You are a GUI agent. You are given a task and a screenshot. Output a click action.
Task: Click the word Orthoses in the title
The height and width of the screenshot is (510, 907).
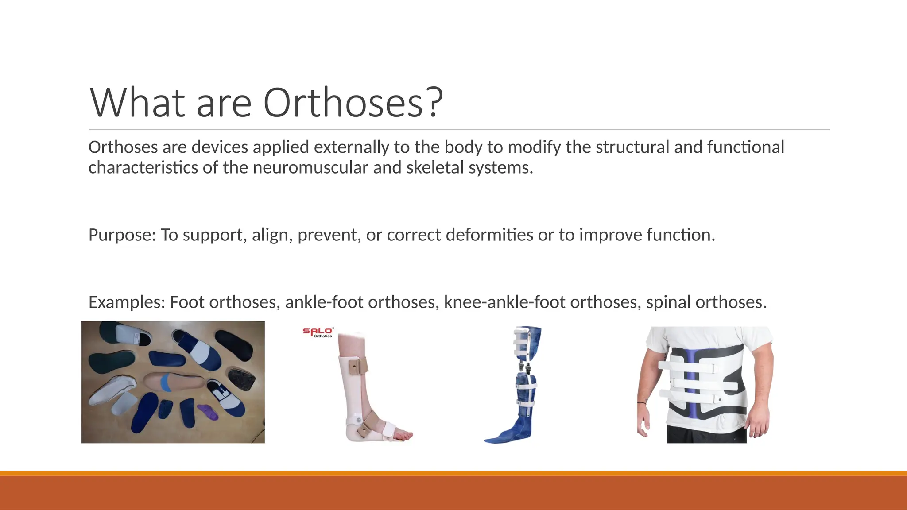point(343,103)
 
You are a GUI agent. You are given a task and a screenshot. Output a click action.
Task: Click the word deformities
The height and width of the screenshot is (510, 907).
point(489,235)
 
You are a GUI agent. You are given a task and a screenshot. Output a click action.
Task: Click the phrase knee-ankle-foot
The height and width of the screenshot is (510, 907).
point(504,302)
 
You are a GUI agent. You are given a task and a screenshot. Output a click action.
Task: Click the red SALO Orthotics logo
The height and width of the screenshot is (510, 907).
point(318,332)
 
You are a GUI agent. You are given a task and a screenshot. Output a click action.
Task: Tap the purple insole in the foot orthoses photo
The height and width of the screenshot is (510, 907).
point(208,412)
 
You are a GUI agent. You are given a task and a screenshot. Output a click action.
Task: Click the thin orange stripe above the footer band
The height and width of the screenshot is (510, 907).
point(453,473)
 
